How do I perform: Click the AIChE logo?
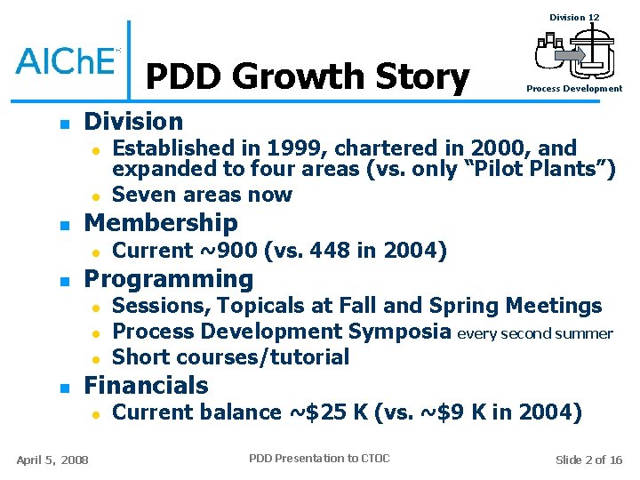pos(68,60)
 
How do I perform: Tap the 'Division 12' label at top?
pos(574,18)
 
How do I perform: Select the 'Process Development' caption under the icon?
pos(574,89)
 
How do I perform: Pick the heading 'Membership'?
pos(161,222)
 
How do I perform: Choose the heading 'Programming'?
pos(168,279)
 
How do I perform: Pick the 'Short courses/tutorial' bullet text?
pos(231,357)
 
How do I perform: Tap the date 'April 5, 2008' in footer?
pos(52,460)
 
